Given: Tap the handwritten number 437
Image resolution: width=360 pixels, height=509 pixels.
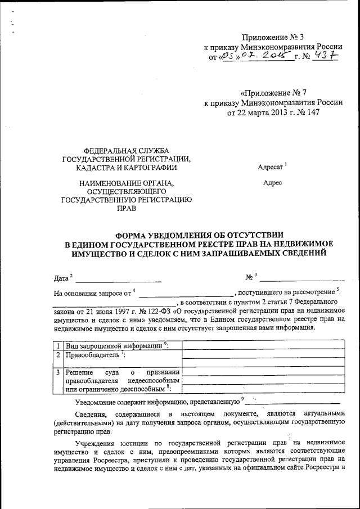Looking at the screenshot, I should [325, 57].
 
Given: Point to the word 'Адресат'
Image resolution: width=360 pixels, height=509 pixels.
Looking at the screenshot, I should [271, 167].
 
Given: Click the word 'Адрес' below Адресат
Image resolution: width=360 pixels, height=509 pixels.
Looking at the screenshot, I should [273, 183].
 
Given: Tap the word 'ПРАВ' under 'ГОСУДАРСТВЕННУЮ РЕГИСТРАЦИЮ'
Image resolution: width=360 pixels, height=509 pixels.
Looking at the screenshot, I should [126, 208].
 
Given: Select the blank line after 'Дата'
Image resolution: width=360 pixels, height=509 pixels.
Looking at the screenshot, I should [119, 280].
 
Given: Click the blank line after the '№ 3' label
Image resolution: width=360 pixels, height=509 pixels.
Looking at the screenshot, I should [302, 278].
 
